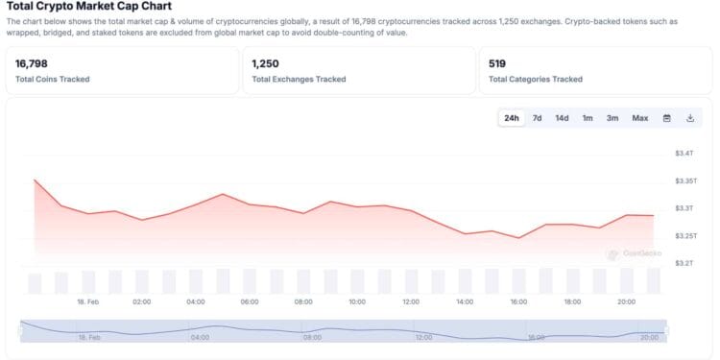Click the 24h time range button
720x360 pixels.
(x=512, y=118)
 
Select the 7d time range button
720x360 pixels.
(x=538, y=118)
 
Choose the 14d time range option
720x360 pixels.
(x=562, y=118)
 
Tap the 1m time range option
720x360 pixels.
(x=588, y=118)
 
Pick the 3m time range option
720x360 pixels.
(x=612, y=118)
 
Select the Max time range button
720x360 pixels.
(x=640, y=118)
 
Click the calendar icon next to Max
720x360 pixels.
(x=667, y=118)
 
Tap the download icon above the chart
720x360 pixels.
(x=690, y=118)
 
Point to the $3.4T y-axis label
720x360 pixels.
(x=684, y=154)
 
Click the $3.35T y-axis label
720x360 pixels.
(x=686, y=180)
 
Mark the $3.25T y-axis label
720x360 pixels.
(x=686, y=235)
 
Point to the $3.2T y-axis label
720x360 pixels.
(x=684, y=262)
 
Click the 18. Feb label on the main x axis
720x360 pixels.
(x=88, y=301)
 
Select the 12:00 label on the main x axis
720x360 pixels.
(x=411, y=301)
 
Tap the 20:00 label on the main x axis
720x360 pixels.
(x=626, y=301)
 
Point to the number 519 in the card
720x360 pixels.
(x=496, y=63)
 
